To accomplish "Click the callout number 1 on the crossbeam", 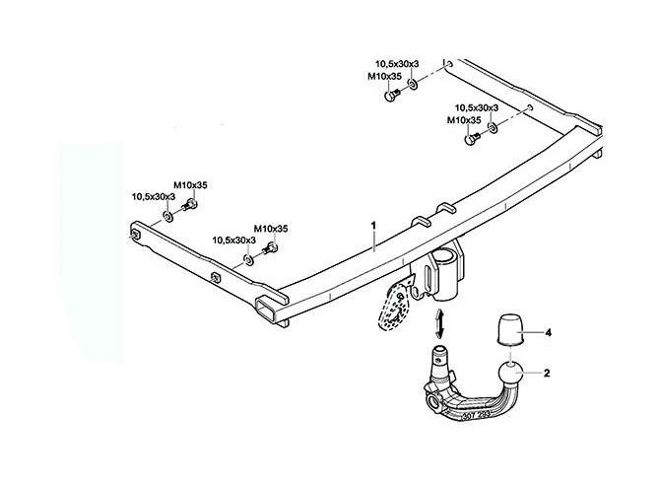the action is tap(373, 225).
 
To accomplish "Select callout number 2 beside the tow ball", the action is tap(547, 373).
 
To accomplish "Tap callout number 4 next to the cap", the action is tap(548, 333).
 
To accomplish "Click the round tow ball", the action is tap(510, 373).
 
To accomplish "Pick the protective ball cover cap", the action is tap(510, 329).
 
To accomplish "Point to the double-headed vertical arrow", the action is tap(439, 323).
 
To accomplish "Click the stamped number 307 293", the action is tap(476, 416).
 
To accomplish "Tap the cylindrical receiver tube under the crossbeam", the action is tap(445, 275).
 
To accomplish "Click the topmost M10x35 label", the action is tap(385, 76).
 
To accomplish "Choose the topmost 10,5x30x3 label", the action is tap(397, 64).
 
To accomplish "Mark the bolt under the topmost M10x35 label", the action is tap(391, 94).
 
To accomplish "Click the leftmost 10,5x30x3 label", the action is tap(154, 197).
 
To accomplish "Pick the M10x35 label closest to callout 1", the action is tap(271, 229).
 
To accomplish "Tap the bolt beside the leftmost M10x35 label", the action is tap(190, 206).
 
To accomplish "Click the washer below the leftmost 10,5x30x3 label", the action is tap(167, 217).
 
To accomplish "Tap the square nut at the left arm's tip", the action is tap(136, 235).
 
